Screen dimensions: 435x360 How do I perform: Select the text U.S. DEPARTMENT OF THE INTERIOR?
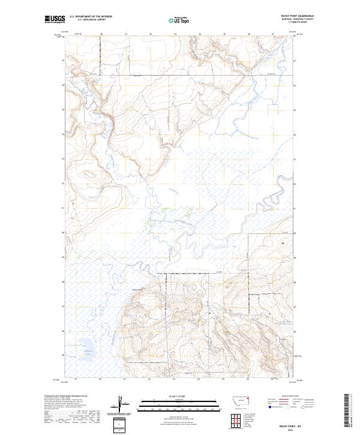click(91, 17)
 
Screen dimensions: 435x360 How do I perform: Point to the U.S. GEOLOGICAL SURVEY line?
click(91, 20)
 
